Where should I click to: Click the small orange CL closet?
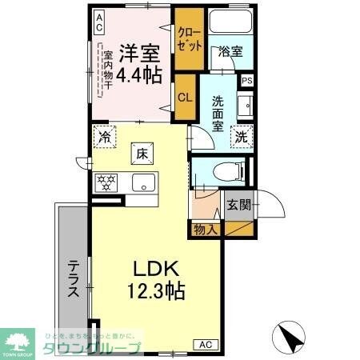click(184, 98)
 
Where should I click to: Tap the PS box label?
click(247, 80)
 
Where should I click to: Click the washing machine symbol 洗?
click(242, 135)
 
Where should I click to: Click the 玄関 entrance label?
click(238, 204)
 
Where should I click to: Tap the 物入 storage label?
click(205, 230)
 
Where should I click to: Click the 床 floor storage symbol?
click(141, 152)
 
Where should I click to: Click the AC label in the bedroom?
click(99, 21)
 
